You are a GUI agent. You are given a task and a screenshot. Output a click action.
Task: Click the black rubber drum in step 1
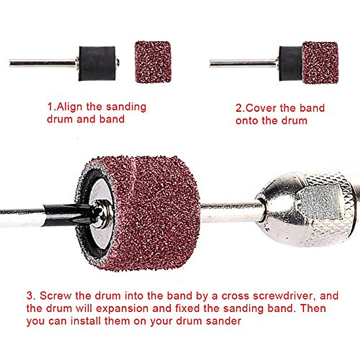97,63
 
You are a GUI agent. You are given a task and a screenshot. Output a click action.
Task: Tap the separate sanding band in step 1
153,62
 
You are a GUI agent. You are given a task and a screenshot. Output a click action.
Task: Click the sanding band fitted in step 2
320,63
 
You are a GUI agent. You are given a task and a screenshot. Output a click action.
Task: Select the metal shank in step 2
243,63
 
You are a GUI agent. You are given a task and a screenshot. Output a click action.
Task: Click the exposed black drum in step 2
290,64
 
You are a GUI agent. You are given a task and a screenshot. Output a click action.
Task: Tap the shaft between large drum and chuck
228,211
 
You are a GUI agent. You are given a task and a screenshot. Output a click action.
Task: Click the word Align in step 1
70,107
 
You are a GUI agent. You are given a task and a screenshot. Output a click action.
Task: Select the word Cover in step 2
261,108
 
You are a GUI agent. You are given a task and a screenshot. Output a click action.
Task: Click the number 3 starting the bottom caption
30,296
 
